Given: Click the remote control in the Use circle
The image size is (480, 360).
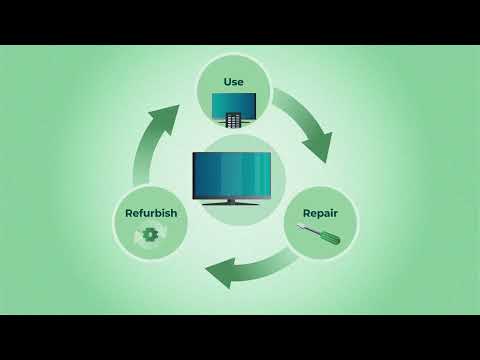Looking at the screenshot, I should coord(232,120).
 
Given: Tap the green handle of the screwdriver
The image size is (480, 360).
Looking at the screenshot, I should coord(332,241).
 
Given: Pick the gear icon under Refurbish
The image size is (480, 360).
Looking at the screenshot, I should coord(151,235).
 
